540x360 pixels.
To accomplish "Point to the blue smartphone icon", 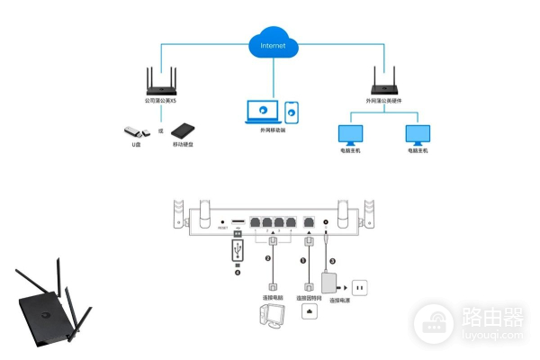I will (292, 112).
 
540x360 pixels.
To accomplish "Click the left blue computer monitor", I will (349, 135).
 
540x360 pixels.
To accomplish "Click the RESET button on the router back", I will (222, 220).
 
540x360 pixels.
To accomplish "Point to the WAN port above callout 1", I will (310, 222).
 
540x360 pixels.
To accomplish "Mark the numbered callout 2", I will (267, 259).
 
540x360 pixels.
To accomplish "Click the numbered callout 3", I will (332, 261).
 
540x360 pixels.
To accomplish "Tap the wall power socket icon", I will (362, 289).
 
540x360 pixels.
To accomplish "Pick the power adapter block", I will (334, 284).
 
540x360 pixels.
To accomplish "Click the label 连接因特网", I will (309, 298).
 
